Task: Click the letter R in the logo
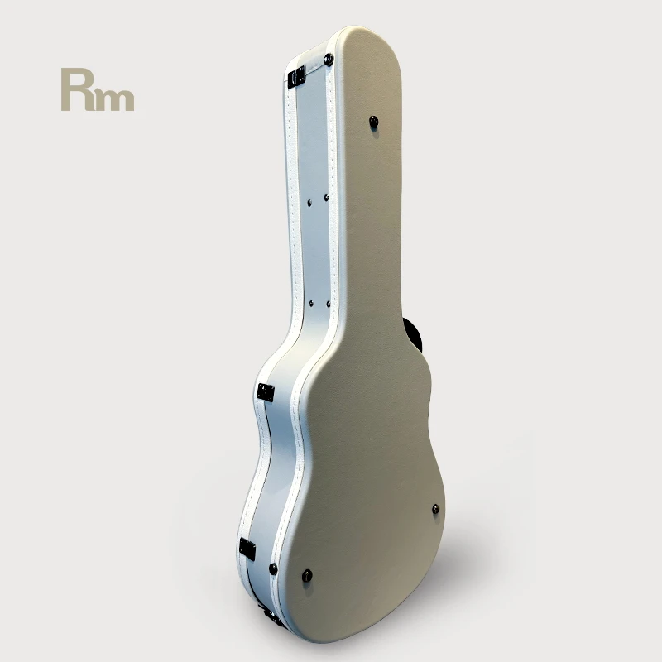pyautogui.click(x=77, y=89)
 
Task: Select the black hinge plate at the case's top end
pyautogui.click(x=296, y=77)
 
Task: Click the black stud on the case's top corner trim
pyautogui.click(x=329, y=59)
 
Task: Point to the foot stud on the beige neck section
pyautogui.click(x=374, y=122)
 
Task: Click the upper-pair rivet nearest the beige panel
pyautogui.click(x=326, y=197)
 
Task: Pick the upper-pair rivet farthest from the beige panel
pyautogui.click(x=309, y=203)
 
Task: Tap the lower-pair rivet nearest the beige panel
pyautogui.click(x=328, y=303)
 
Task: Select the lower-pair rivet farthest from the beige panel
pyautogui.click(x=311, y=303)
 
